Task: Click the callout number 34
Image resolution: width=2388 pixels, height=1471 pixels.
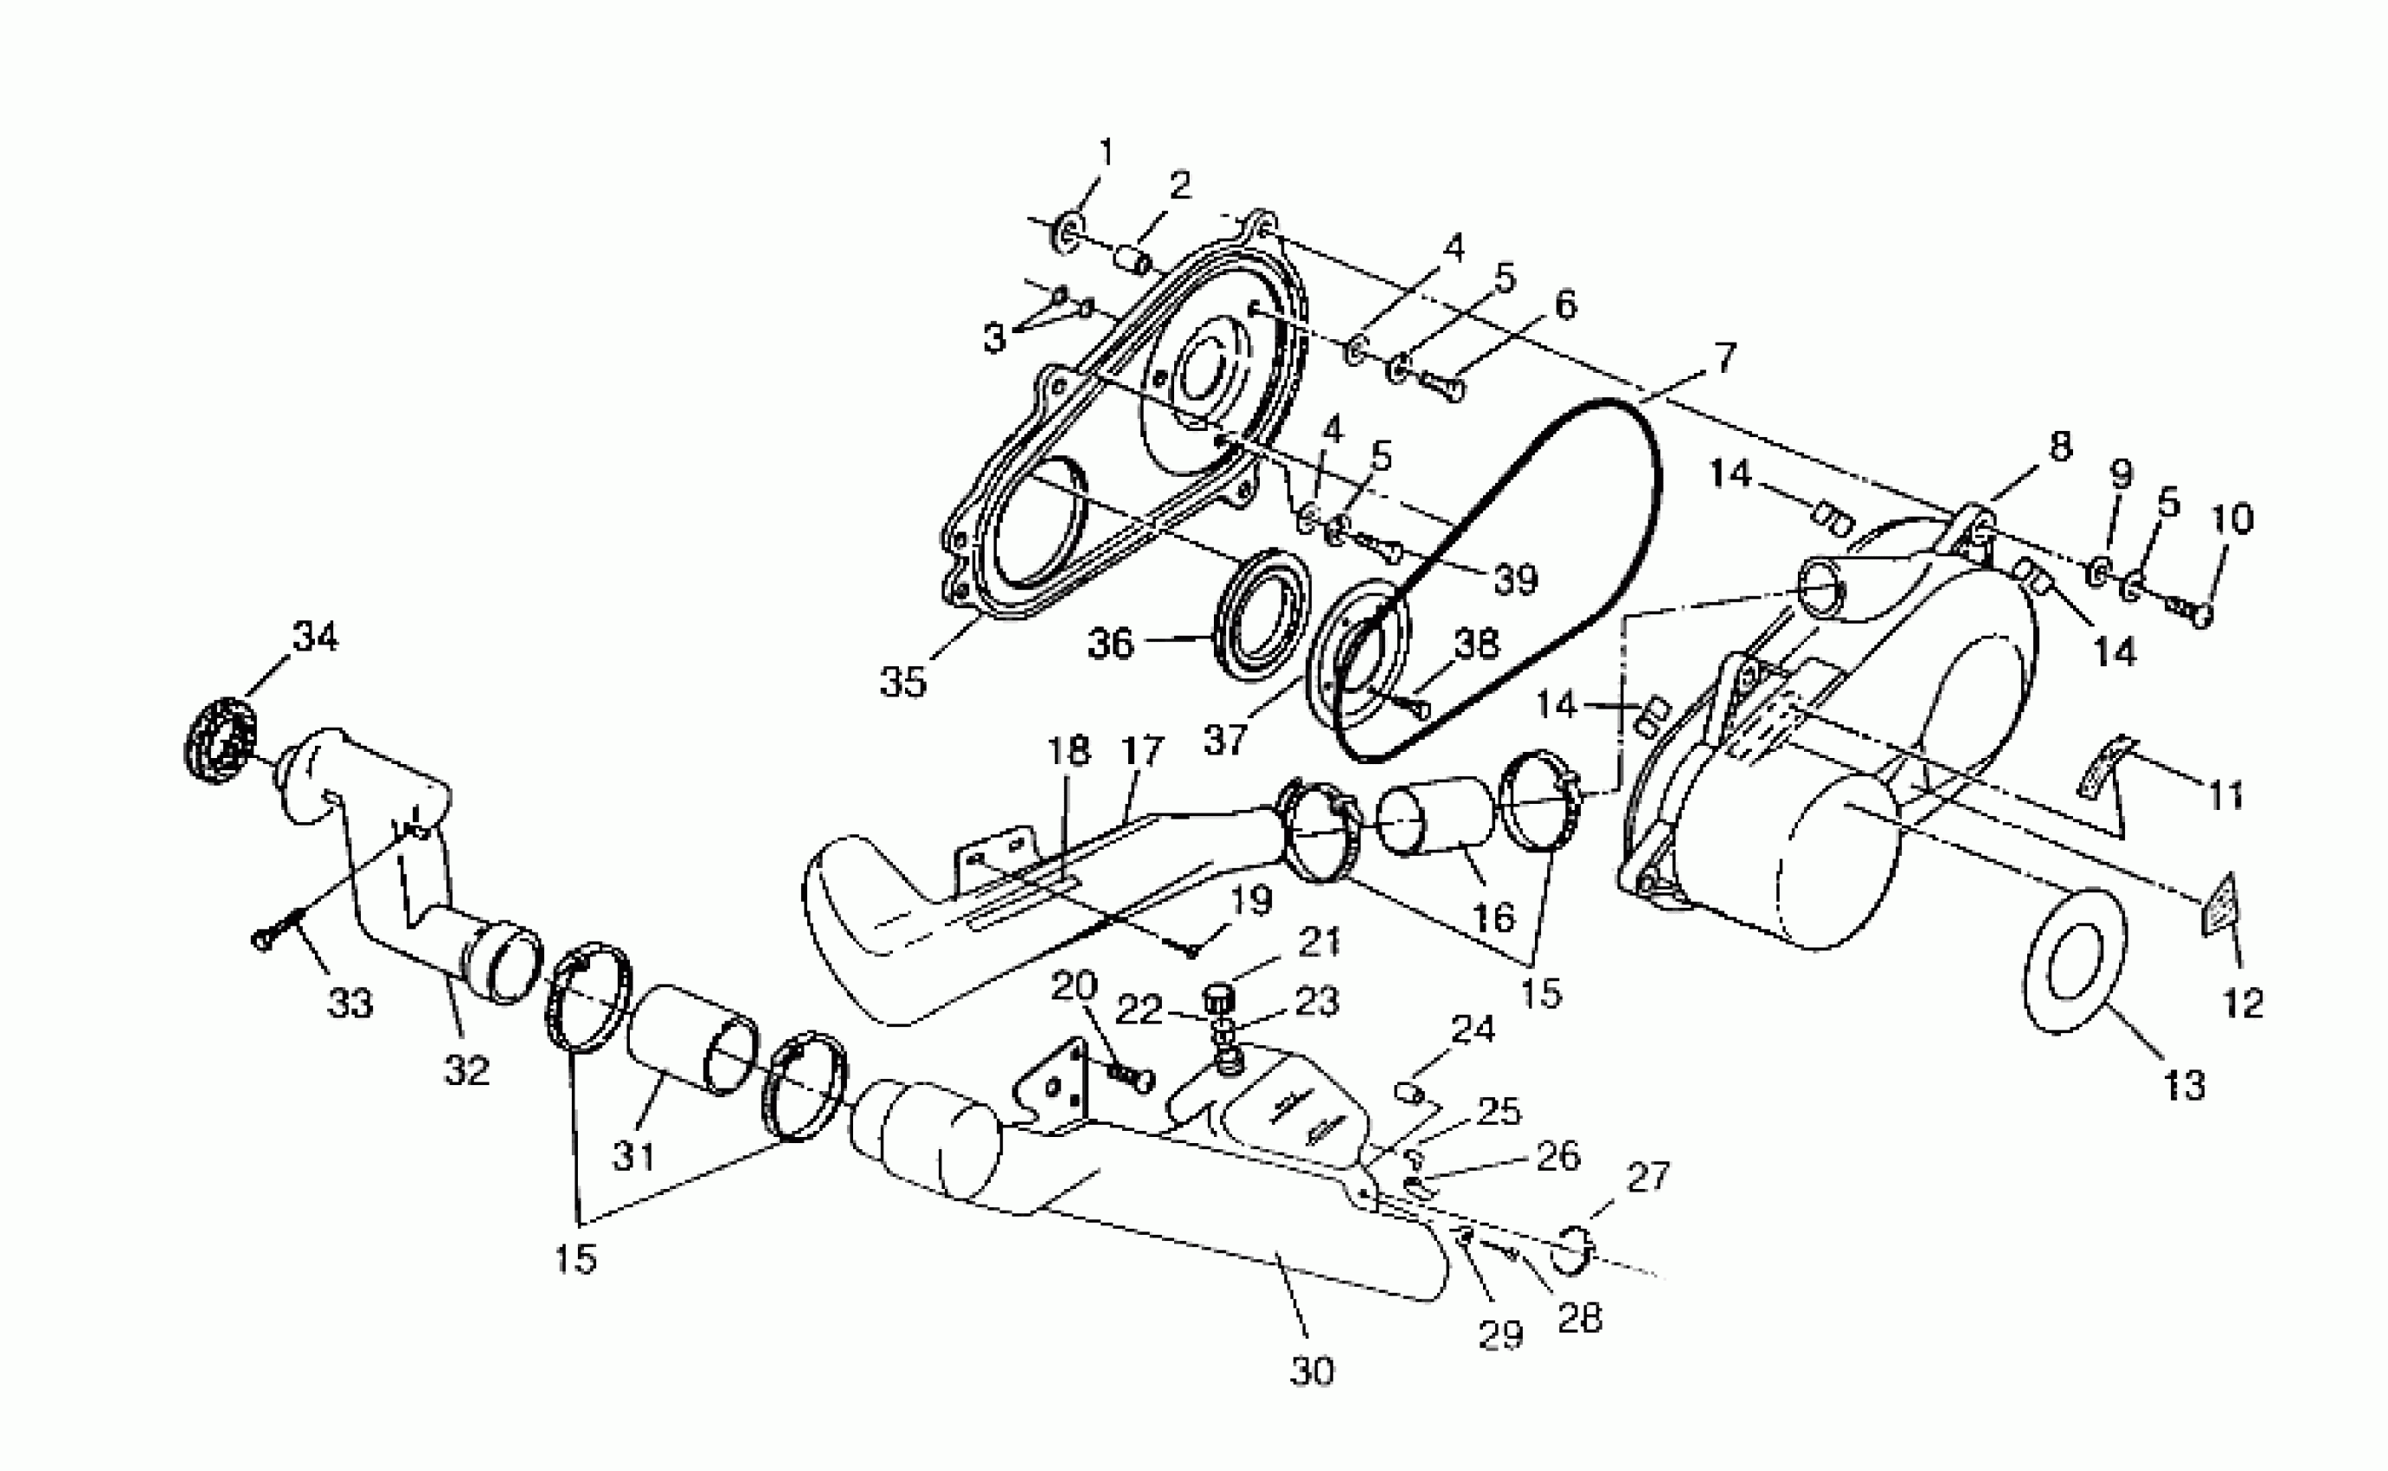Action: click(315, 637)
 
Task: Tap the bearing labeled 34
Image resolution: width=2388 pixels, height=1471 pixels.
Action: click(220, 736)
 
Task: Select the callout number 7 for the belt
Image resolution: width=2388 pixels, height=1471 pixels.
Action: click(1724, 358)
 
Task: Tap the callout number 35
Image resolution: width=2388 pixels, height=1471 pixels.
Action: click(902, 682)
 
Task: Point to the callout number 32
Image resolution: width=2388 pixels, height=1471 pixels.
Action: click(466, 1070)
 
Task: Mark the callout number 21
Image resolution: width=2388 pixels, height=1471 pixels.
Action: click(1318, 941)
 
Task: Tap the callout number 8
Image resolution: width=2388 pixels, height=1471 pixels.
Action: click(2059, 446)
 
